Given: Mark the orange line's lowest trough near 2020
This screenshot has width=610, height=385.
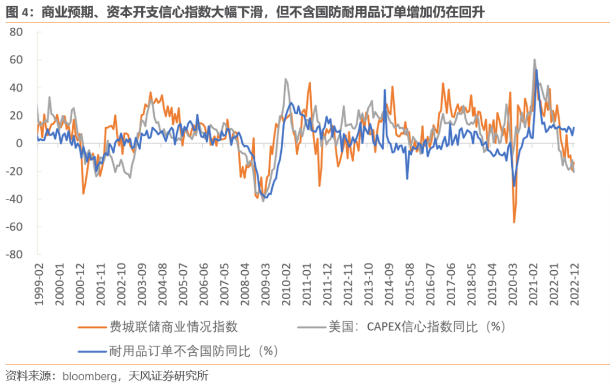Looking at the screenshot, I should pyautogui.click(x=514, y=222).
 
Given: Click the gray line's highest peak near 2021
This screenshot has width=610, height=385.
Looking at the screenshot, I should pyautogui.click(x=534, y=59).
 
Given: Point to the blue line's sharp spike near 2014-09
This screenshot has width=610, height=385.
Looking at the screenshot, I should pyautogui.click(x=385, y=90).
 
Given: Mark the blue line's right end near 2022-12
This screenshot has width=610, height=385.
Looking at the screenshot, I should pyautogui.click(x=574, y=128).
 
